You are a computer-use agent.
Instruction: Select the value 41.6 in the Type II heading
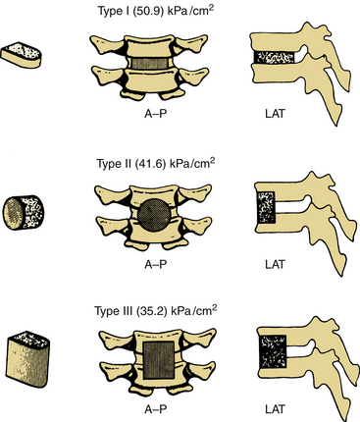click(148, 163)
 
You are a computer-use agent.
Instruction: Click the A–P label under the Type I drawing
click(156, 114)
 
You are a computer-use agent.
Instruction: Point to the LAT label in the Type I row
click(275, 114)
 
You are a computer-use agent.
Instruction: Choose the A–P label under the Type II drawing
click(156, 264)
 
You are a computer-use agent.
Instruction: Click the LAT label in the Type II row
click(275, 264)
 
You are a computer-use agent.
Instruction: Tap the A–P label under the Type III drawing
click(156, 409)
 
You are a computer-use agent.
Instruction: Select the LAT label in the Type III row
click(275, 409)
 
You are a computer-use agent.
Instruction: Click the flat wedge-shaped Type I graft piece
click(22, 55)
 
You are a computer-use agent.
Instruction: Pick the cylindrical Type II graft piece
click(24, 212)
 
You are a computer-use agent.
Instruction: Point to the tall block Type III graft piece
click(27, 359)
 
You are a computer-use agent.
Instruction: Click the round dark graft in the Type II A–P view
click(154, 215)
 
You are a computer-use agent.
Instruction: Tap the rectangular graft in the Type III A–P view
click(158, 360)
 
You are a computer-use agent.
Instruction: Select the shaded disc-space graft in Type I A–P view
click(149, 62)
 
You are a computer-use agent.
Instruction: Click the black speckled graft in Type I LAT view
click(275, 57)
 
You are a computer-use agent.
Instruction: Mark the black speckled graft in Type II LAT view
click(267, 208)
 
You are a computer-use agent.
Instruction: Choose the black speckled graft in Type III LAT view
click(273, 350)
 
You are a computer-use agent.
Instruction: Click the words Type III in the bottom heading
click(112, 310)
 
